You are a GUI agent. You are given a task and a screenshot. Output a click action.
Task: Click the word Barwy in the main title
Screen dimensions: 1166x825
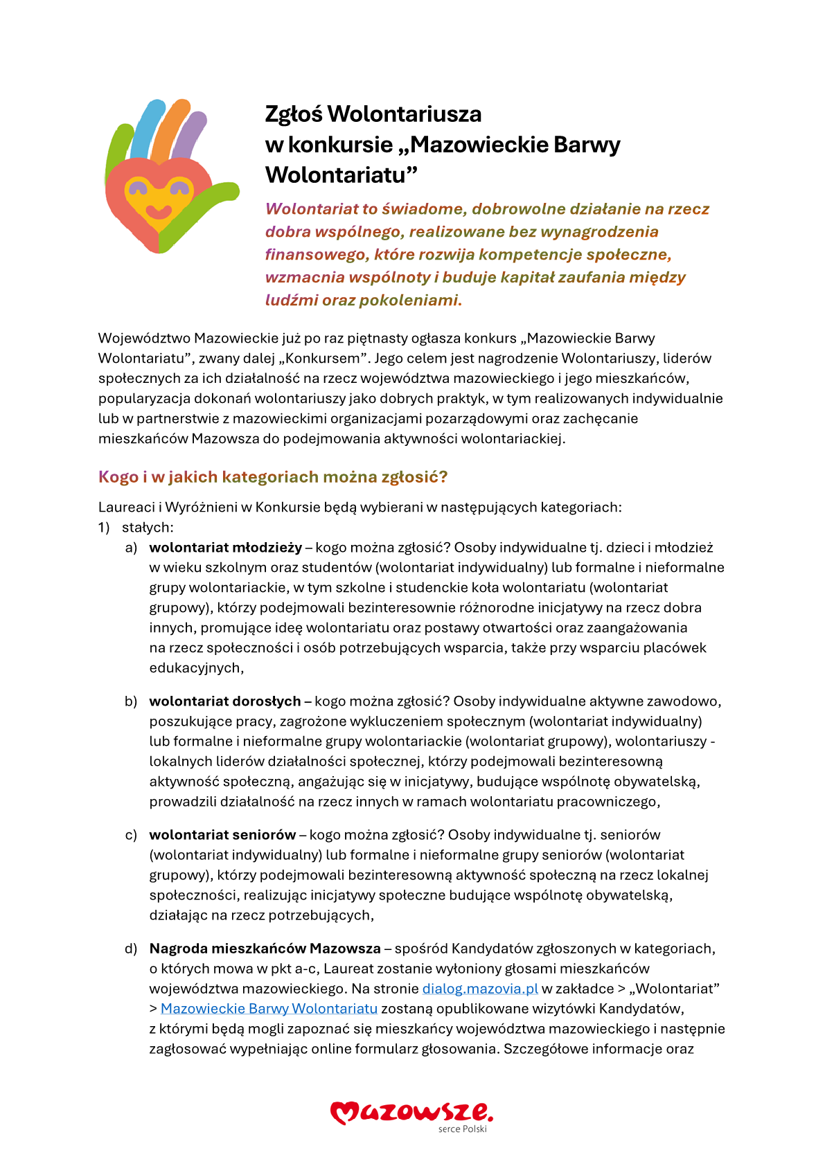[587, 145]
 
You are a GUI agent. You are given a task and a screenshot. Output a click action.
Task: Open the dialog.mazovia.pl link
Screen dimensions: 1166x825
[480, 989]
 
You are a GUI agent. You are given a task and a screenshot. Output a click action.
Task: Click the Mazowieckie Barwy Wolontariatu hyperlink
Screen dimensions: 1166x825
[269, 1009]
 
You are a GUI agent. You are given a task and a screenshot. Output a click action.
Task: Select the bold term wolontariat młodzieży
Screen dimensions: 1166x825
[226, 548]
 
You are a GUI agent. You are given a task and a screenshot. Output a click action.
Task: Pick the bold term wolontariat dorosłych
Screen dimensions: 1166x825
[225, 701]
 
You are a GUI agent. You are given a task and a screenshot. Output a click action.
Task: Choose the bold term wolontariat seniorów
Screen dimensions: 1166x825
[222, 835]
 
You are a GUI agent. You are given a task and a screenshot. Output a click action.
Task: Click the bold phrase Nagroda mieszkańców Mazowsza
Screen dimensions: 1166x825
[265, 949]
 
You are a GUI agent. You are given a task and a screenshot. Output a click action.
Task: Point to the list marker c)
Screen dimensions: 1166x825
[131, 835]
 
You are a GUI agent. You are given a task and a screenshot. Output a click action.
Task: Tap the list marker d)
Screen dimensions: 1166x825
[131, 949]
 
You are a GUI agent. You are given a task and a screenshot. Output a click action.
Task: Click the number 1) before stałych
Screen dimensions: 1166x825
[104, 528]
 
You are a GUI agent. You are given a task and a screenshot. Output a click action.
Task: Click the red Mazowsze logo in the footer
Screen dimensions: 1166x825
[411, 1112]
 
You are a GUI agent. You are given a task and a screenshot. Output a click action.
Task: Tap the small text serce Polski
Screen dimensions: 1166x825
[463, 1129]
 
